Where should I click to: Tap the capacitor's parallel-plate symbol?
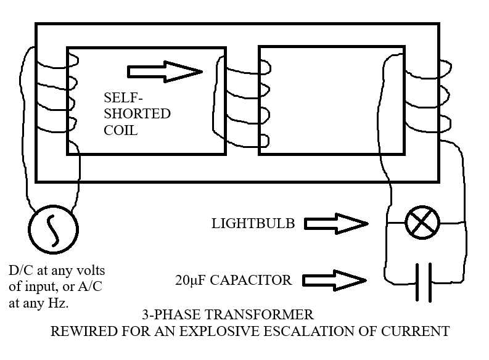click(424, 282)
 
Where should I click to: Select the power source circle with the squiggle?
click(53, 229)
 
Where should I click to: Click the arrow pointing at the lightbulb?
click(336, 224)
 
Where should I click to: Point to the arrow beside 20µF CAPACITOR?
click(334, 280)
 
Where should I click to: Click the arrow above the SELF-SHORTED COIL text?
click(165, 72)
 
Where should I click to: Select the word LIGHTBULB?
click(253, 224)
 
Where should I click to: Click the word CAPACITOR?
click(251, 280)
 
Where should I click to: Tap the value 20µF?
click(191, 280)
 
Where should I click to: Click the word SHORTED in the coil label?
click(138, 114)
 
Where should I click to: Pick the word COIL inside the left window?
click(120, 130)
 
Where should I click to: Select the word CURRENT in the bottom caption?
click(415, 331)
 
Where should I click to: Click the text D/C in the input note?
click(21, 270)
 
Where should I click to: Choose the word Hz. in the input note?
click(58, 303)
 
